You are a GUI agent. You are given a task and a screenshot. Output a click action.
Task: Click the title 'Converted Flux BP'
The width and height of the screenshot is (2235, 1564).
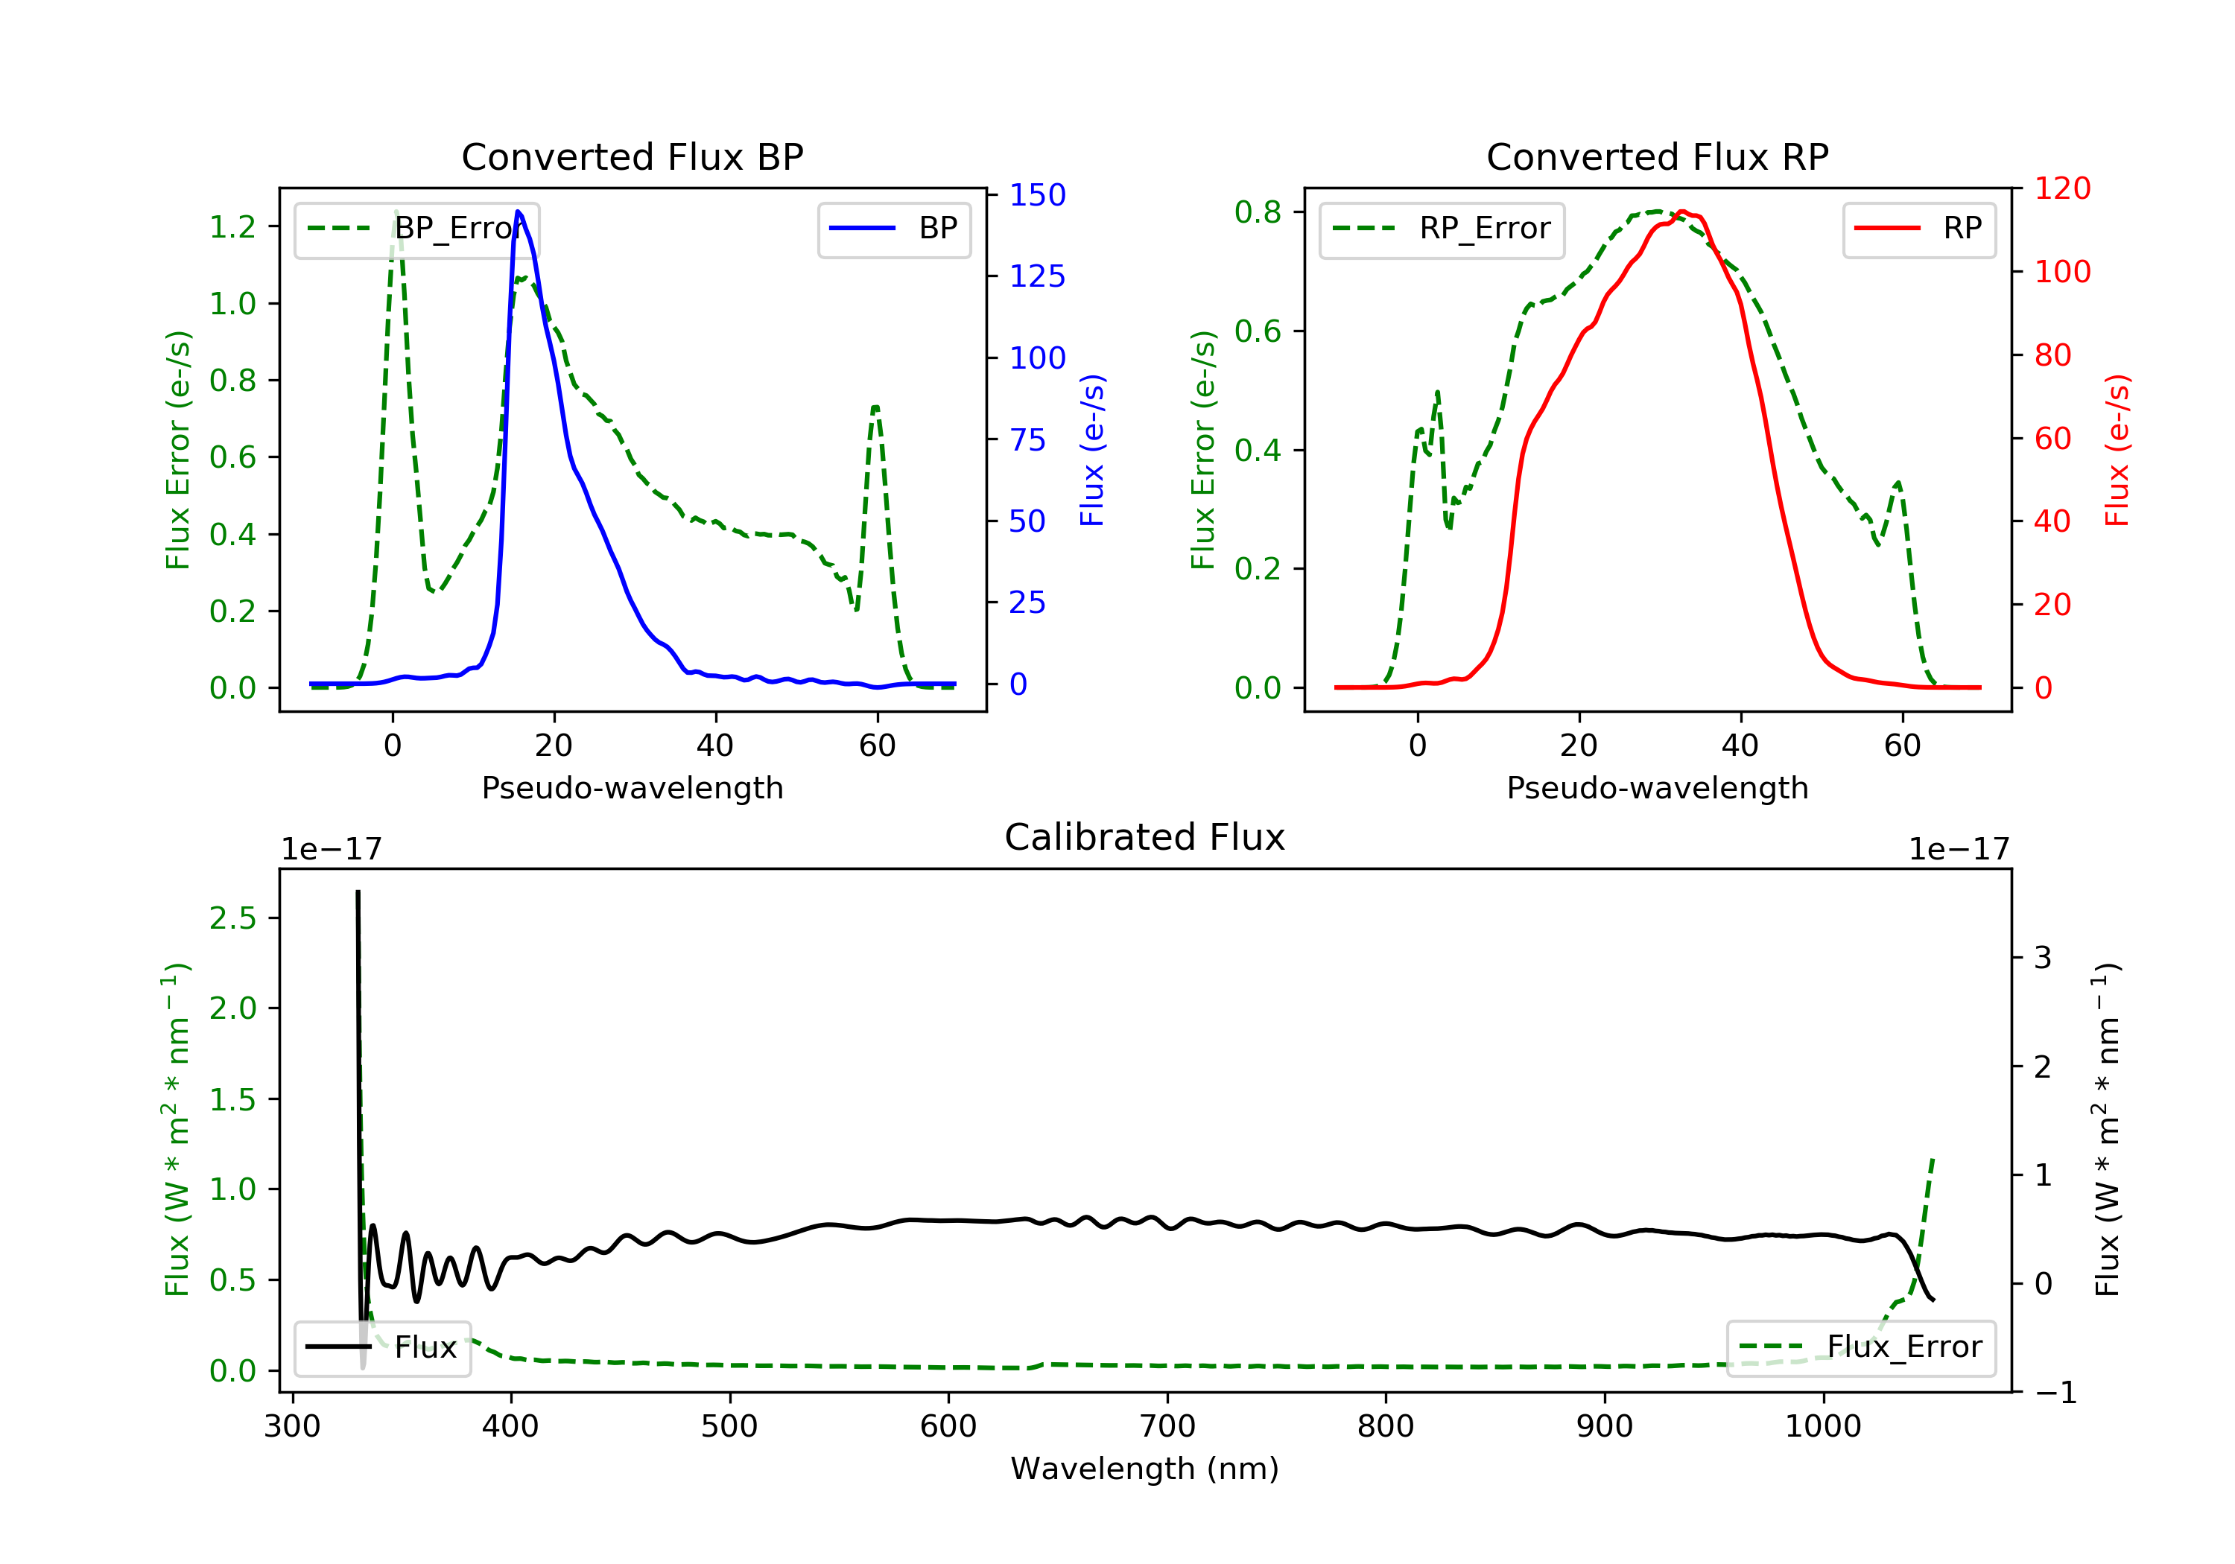coord(632,156)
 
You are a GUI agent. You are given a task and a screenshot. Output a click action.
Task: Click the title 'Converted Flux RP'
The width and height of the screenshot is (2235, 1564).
coord(1657,156)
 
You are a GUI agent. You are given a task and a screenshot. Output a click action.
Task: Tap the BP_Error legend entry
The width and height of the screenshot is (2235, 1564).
coord(416,229)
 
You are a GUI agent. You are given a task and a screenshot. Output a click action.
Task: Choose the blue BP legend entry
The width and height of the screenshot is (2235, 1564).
coord(893,229)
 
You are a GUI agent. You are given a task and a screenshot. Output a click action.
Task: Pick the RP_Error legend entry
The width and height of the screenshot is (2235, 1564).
coord(1442,229)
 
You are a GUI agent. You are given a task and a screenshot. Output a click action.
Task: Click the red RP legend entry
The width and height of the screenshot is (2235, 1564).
coord(1918,229)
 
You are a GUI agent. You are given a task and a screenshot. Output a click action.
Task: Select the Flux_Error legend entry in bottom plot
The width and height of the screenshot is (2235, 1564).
coord(1860,1347)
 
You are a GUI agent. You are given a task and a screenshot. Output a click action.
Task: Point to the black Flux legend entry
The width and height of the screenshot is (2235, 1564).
coord(383,1347)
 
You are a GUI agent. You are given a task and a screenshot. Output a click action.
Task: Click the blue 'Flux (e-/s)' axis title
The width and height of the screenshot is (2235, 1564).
coord(1092,450)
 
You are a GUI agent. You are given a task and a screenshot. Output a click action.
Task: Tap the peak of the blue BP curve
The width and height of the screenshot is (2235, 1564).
coord(518,212)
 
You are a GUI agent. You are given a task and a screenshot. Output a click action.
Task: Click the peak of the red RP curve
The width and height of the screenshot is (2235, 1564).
coord(1682,212)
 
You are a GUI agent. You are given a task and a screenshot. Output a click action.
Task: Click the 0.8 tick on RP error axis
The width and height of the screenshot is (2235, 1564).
coord(1258,212)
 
